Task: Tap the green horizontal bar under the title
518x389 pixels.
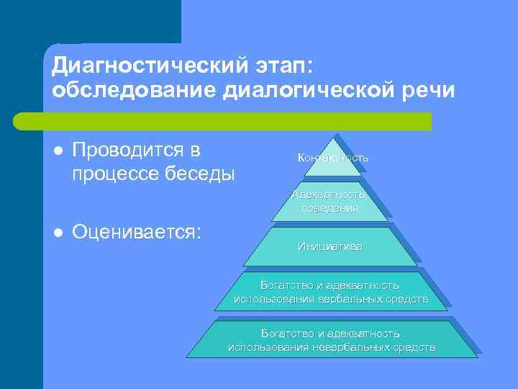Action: click(x=223, y=121)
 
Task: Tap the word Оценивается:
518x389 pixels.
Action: click(x=137, y=231)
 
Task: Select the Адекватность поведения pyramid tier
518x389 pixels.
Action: click(x=330, y=201)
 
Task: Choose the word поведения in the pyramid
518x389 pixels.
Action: click(x=330, y=207)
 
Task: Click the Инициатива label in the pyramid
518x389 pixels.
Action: click(x=330, y=246)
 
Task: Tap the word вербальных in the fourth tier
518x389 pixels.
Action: click(x=357, y=299)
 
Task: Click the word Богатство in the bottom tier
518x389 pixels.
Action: click(x=283, y=334)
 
